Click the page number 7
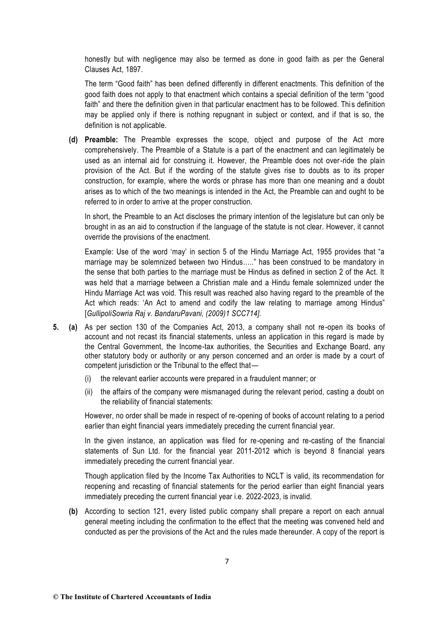tap(227, 561)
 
